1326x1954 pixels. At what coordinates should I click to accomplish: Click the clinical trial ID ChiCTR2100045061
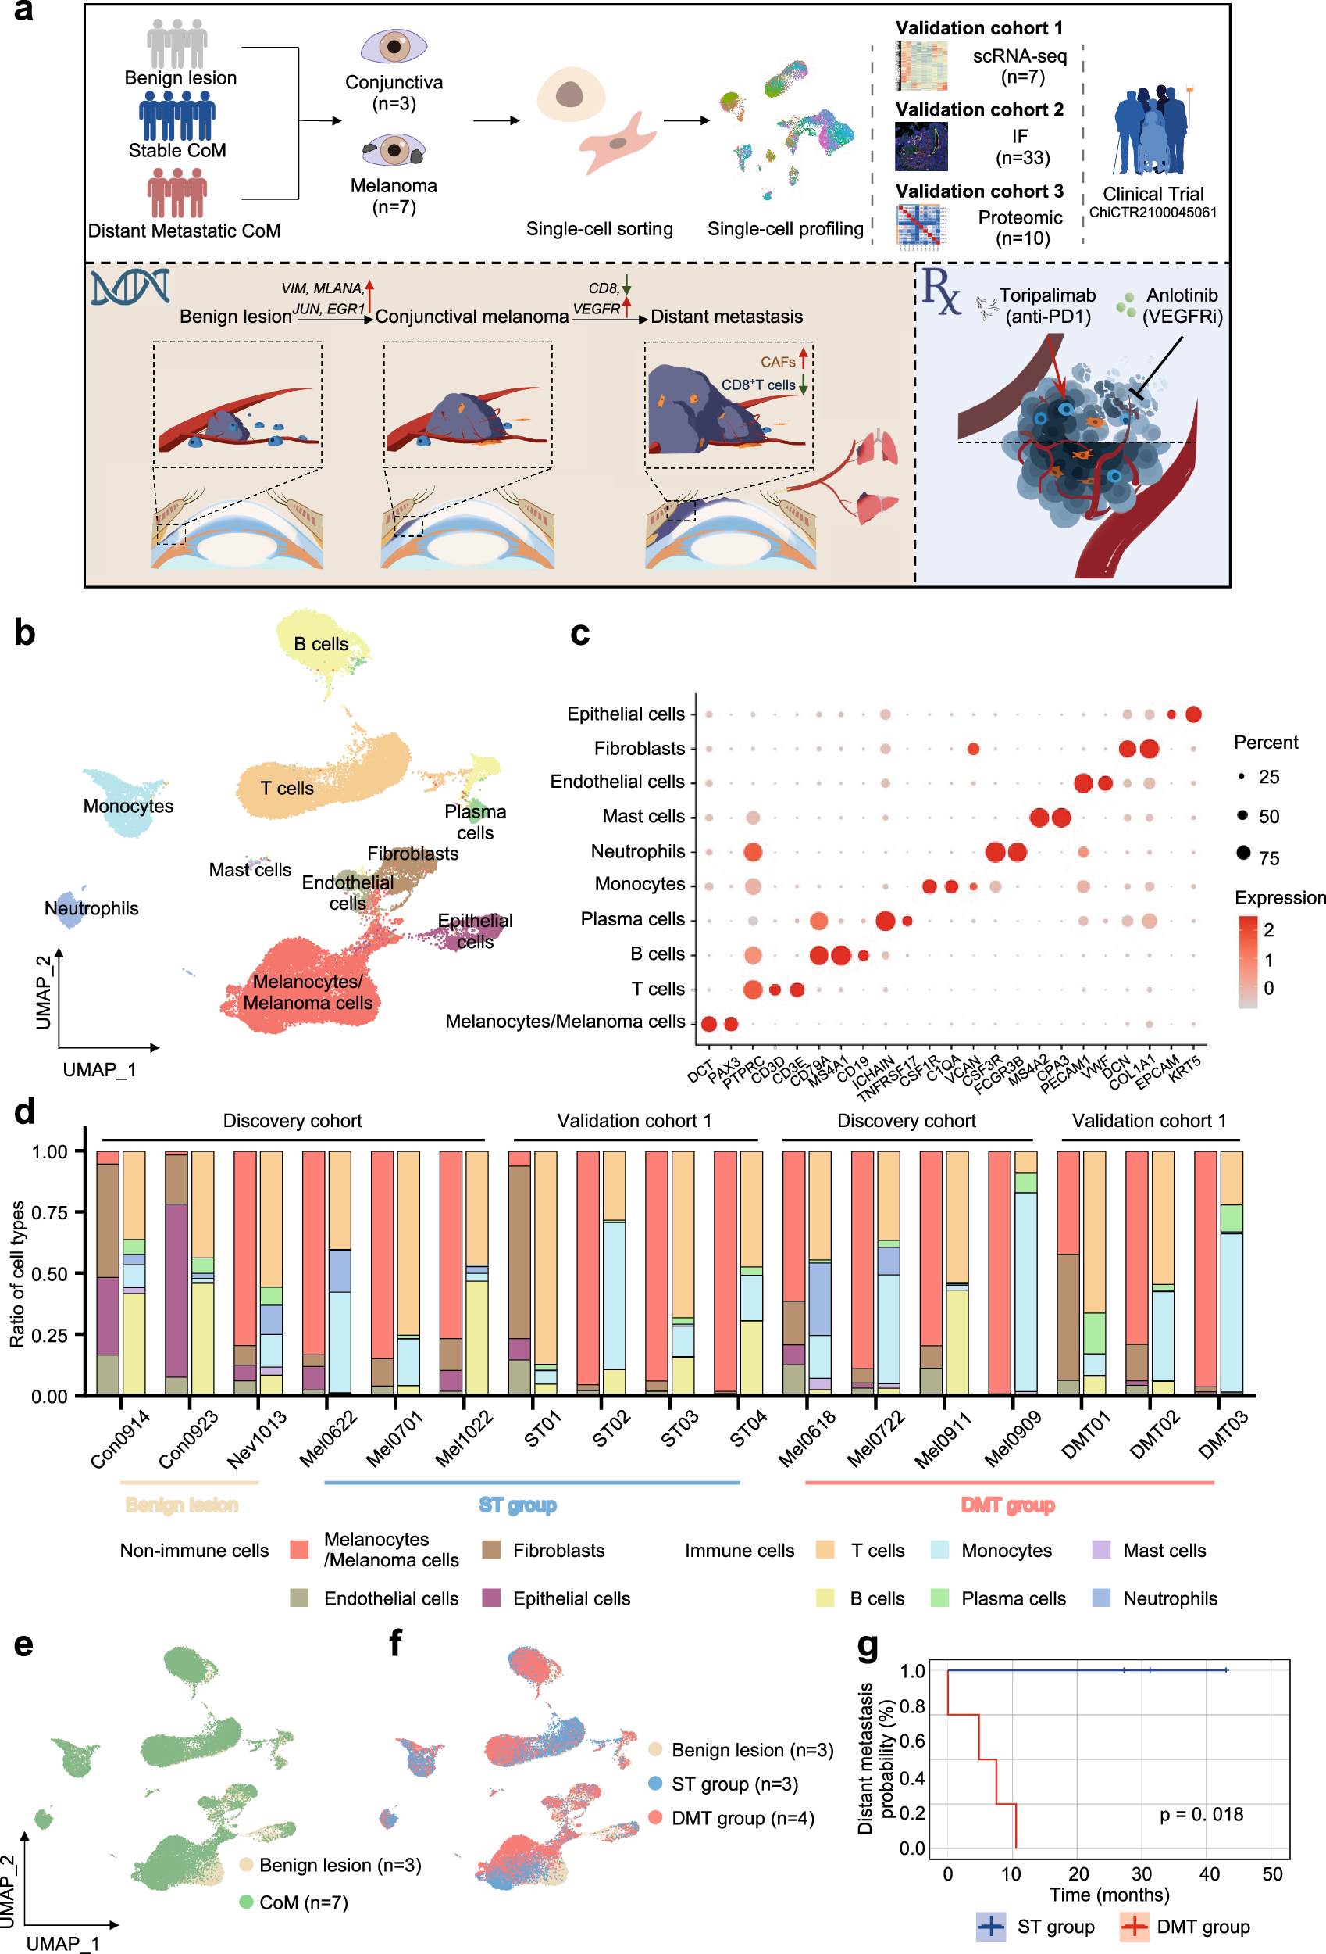(1152, 213)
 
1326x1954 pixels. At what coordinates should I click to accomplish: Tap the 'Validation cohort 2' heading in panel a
(979, 110)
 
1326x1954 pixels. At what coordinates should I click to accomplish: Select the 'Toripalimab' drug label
(1047, 296)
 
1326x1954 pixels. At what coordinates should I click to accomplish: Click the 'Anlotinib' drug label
(1182, 296)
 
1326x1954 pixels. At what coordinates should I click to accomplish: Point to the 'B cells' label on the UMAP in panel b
(320, 644)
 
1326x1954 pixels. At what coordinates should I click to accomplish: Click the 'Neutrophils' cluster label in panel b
(91, 908)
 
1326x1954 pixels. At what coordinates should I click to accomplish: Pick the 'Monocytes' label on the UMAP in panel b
(128, 807)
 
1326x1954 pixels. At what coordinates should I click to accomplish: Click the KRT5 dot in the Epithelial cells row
(1192, 714)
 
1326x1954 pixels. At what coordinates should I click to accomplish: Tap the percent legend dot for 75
(1242, 854)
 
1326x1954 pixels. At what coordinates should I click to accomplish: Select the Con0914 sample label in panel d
(120, 1440)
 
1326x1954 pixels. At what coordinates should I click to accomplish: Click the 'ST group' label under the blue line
(517, 1505)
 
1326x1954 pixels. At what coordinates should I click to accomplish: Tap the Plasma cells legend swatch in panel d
(939, 1598)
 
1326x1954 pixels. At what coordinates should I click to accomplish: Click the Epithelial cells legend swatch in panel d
(491, 1598)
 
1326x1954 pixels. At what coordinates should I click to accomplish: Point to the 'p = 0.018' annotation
(1201, 1814)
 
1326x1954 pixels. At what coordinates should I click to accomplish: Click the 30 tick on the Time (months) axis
(1141, 1873)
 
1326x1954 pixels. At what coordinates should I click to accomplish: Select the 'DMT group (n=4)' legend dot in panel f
(655, 1818)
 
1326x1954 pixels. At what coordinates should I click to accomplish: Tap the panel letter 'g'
(867, 1646)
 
